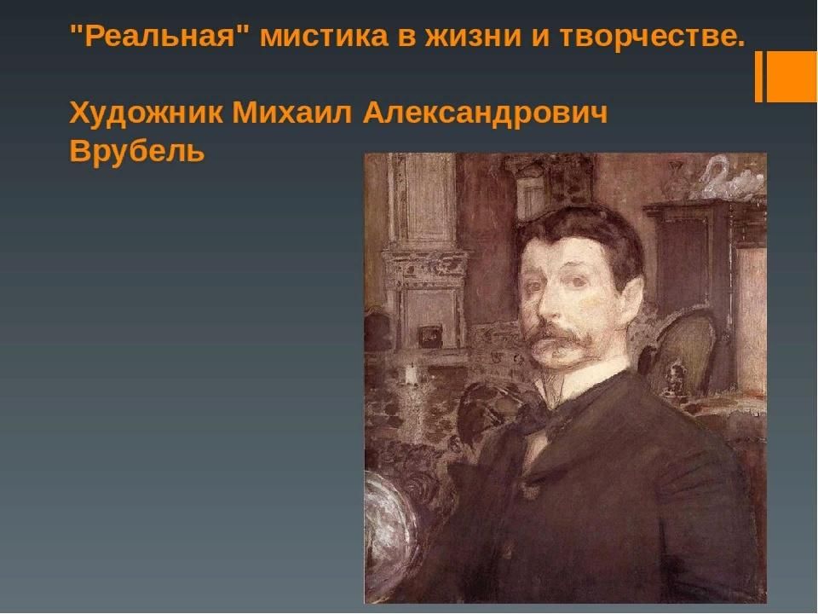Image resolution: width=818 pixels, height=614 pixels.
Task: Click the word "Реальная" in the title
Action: click(x=160, y=37)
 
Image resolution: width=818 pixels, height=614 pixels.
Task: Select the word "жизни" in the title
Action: click(x=473, y=37)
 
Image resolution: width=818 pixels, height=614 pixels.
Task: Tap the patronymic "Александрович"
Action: click(x=485, y=113)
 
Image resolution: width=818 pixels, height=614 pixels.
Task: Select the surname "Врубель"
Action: click(x=136, y=151)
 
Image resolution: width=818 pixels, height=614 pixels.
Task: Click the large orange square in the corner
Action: click(x=792, y=76)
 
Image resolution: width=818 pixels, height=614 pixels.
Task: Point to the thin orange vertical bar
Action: click(x=758, y=76)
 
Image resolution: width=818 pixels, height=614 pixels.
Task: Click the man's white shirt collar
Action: click(x=585, y=380)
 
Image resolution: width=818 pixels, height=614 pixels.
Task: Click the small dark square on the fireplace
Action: click(x=431, y=336)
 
